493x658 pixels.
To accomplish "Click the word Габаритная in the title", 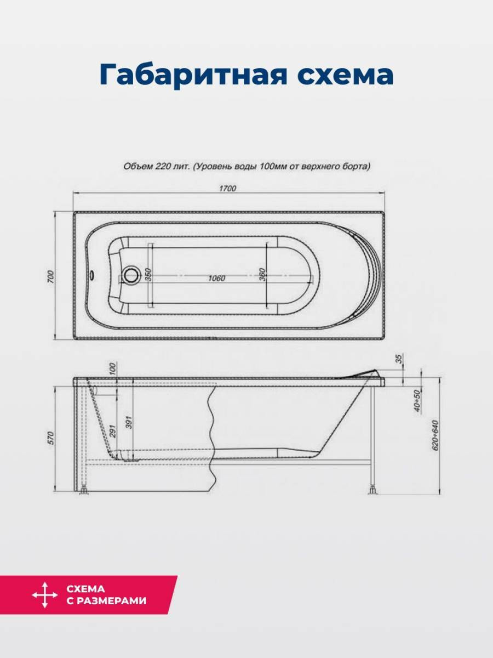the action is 193,75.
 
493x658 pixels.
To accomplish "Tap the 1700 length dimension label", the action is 228,188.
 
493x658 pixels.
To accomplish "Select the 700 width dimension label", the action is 51,277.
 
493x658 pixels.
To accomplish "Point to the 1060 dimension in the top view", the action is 217,278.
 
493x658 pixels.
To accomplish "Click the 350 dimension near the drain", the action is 148,275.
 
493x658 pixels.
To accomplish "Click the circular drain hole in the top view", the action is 131,275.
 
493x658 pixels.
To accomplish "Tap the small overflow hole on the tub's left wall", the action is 92,274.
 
